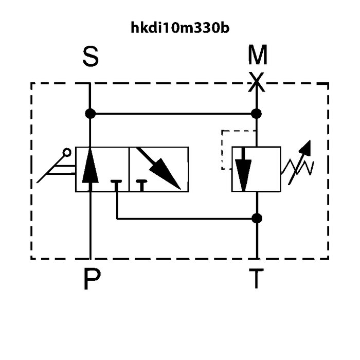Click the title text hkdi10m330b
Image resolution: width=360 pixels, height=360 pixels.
[x=180, y=28]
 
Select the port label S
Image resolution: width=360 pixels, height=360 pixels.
[x=91, y=57]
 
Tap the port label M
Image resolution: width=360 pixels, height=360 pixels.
[x=258, y=55]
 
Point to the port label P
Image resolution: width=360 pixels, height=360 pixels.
[x=92, y=279]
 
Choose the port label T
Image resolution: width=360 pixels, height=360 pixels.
[x=256, y=279]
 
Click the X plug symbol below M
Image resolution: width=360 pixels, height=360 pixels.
[x=257, y=82]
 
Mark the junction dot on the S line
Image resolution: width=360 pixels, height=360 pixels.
[x=90, y=114]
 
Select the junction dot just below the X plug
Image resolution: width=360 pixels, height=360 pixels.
[x=256, y=114]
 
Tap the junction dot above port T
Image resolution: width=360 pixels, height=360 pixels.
[x=257, y=219]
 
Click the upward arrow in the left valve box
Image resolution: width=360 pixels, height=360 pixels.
[x=90, y=169]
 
